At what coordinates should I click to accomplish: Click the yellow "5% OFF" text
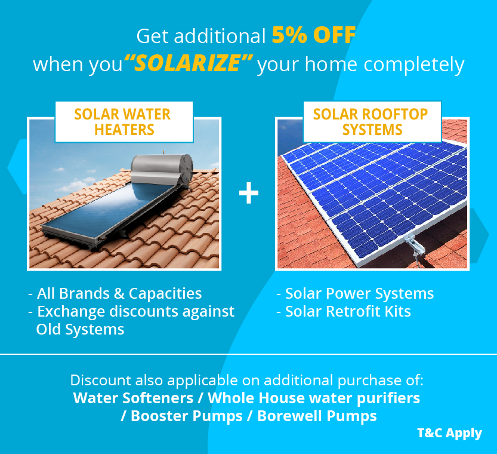point(314,35)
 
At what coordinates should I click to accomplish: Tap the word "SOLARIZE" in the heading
point(187,63)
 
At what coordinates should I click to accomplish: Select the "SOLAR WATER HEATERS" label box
point(124,122)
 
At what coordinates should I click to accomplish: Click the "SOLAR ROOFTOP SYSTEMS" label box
point(372,122)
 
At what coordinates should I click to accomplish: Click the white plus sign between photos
point(249,193)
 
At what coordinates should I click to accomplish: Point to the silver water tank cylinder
point(162,170)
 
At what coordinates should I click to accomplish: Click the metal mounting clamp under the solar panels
point(414,244)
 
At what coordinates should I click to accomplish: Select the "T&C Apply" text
point(449,433)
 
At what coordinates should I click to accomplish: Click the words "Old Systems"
point(80,329)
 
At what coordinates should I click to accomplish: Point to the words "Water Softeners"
point(133,398)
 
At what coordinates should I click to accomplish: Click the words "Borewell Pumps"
point(317,416)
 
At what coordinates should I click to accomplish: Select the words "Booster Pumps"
point(187,416)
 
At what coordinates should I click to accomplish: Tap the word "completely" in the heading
point(413,65)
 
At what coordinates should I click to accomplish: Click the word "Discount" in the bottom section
point(101,380)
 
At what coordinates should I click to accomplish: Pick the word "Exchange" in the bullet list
point(72,312)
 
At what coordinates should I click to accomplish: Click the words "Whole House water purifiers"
point(314,398)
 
